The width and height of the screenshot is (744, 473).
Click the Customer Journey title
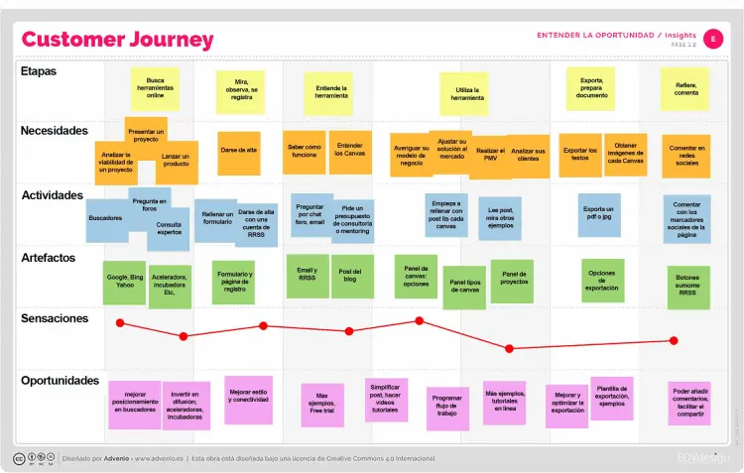(117, 40)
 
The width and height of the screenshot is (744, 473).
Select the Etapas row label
(39, 71)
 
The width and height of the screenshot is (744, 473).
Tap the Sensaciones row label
(55, 318)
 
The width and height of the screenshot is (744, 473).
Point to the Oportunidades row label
(61, 380)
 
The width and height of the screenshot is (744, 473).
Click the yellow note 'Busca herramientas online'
(155, 88)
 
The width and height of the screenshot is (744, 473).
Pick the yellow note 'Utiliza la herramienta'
(467, 94)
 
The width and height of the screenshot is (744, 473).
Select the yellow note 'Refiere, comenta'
(685, 88)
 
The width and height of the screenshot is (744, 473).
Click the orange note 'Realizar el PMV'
(490, 156)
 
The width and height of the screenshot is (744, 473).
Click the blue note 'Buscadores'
(106, 219)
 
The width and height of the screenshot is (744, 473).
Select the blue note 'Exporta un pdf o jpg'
(598, 214)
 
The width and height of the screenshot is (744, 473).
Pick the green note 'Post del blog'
(349, 276)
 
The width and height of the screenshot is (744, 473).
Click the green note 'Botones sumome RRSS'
(687, 287)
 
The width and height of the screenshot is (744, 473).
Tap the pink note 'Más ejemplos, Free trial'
(321, 404)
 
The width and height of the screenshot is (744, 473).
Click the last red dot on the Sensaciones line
(674, 340)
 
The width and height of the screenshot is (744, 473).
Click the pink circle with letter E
(715, 37)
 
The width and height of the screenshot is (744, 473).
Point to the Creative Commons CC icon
(19, 458)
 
